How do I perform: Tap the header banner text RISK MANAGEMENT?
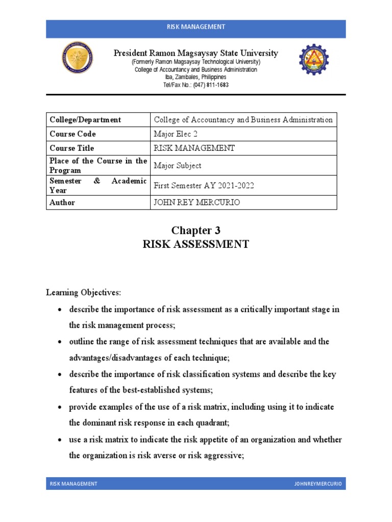click(196, 27)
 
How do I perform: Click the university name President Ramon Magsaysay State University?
click(196, 53)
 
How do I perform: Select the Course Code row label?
click(72, 134)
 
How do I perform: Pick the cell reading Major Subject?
click(177, 165)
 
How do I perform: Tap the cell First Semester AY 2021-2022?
click(203, 186)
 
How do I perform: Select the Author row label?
click(62, 202)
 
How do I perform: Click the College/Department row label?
click(85, 120)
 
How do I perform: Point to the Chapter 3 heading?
click(195, 230)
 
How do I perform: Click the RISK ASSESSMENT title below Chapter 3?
click(195, 244)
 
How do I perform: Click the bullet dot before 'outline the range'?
click(61, 342)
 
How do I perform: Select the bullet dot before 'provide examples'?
click(61, 407)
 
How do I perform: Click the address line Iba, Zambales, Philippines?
click(196, 77)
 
